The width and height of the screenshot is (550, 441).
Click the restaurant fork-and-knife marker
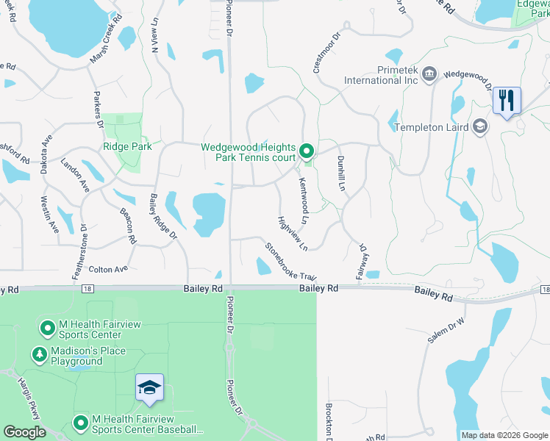[506, 99]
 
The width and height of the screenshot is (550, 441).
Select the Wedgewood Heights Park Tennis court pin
[307, 151]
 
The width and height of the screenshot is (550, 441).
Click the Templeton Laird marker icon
[480, 126]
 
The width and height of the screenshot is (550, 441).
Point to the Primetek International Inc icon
[429, 73]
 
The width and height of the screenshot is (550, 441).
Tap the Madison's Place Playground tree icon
[39, 355]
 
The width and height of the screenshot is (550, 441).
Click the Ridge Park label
[127, 146]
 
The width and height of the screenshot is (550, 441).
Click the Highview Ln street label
[292, 232]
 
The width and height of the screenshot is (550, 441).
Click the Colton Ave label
[108, 270]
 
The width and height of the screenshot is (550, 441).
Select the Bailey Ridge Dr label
[163, 216]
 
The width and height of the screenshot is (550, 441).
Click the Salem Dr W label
[447, 330]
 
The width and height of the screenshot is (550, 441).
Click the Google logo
[24, 432]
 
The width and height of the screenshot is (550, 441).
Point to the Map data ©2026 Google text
[504, 435]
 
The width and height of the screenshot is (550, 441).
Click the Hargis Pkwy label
[30, 405]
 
